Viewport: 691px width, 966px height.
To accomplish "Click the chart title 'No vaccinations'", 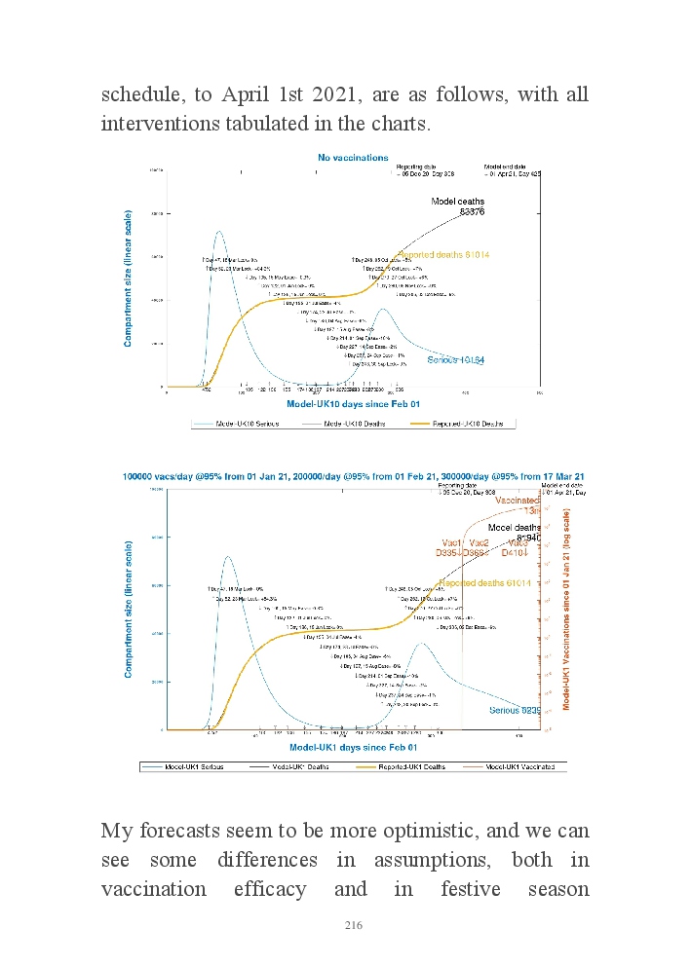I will click(x=353, y=157).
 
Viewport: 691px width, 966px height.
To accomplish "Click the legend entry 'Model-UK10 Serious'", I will click(x=236, y=424).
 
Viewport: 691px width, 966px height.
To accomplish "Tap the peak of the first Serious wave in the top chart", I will click(x=219, y=232).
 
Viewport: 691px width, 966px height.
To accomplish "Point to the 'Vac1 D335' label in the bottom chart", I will click(x=450, y=547).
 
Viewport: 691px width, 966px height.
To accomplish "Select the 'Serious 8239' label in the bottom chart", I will click(x=513, y=710).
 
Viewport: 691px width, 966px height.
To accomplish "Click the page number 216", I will click(x=353, y=925).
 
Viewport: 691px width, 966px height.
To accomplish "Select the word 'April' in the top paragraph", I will click(x=248, y=96).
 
